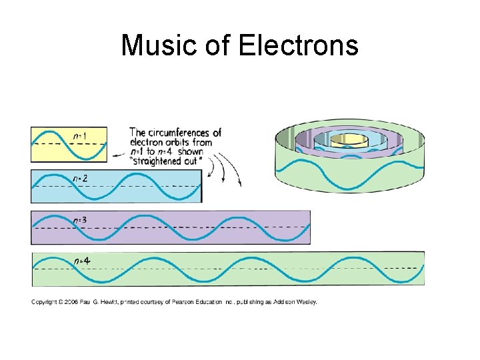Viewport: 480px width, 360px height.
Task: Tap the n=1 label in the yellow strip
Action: click(x=79, y=135)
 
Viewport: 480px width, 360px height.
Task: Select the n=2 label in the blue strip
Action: click(x=80, y=178)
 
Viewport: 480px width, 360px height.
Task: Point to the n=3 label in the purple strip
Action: click(x=80, y=219)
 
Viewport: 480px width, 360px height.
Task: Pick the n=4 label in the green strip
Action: click(x=81, y=260)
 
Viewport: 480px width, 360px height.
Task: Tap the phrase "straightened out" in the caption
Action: click(x=159, y=161)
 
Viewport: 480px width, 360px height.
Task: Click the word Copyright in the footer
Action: click(x=45, y=302)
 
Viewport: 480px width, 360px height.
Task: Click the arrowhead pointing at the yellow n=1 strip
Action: click(x=115, y=155)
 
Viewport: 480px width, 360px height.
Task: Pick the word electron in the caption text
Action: click(x=147, y=142)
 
